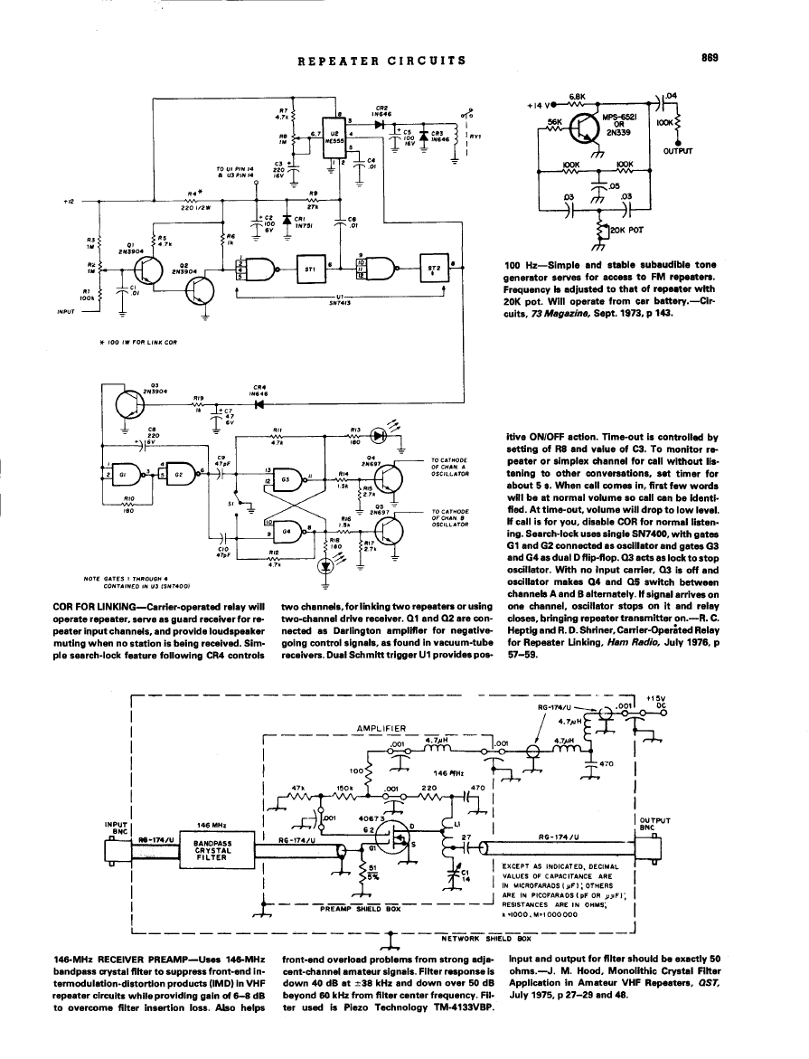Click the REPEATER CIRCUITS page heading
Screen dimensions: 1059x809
click(x=381, y=61)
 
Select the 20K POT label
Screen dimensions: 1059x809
click(x=624, y=230)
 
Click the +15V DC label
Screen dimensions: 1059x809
click(x=656, y=702)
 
